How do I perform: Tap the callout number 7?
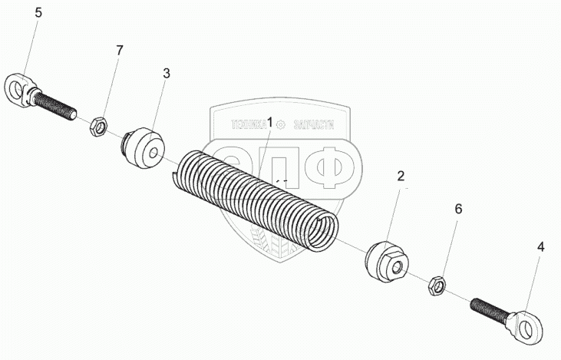[119, 51]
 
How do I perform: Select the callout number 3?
[167, 74]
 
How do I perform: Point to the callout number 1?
[269, 122]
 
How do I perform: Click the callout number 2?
[400, 177]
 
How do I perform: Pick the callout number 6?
[459, 209]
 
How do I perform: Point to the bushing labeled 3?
[143, 148]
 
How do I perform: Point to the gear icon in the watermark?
[281, 124]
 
